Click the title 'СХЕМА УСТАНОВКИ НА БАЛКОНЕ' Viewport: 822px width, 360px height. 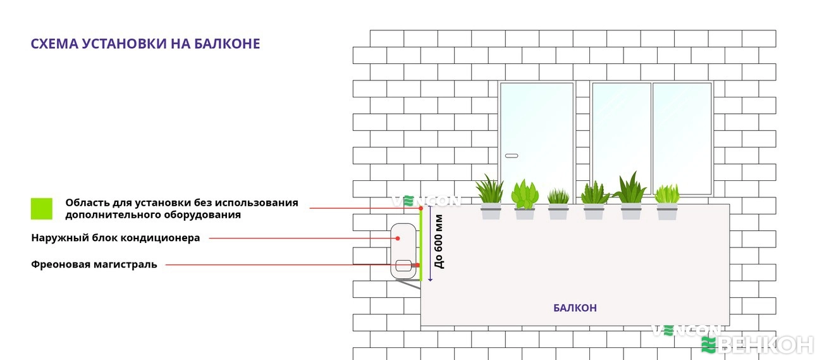145,44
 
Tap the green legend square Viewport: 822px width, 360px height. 42,209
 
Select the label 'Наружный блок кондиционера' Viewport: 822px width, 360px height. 116,238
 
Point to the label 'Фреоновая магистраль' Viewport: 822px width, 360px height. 94,264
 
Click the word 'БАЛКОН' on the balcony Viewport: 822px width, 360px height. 575,308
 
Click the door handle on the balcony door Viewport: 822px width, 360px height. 512,156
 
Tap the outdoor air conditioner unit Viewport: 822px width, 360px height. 403,251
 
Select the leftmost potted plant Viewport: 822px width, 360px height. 490,199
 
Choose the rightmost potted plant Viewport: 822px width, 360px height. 667,202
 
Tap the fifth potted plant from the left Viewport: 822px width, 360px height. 630,198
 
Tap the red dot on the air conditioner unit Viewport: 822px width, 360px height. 398,238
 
